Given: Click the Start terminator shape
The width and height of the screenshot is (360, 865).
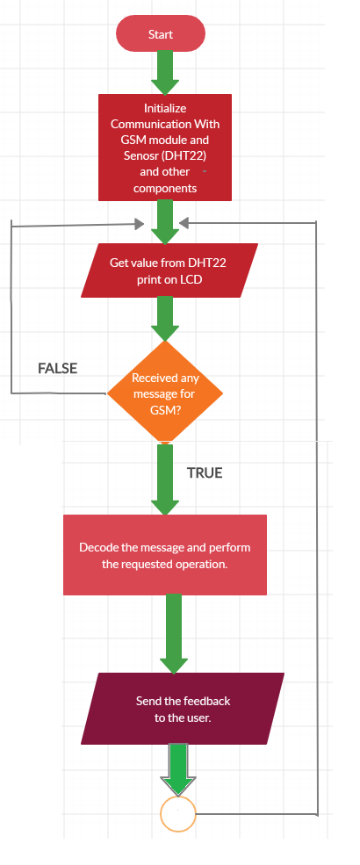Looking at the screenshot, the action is [x=161, y=33].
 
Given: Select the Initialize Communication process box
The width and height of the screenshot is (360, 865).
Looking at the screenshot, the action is [x=165, y=148].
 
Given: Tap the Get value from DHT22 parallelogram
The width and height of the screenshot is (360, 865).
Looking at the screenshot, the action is [x=169, y=270].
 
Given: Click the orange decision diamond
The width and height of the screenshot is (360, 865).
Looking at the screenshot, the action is [x=165, y=393].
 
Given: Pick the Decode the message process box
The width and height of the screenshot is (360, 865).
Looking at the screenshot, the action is [x=165, y=555].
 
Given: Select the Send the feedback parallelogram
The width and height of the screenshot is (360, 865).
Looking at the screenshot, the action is [x=183, y=709].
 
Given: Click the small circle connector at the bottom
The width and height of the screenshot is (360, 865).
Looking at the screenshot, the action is [x=178, y=814].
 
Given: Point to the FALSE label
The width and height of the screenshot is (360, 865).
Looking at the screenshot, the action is [x=57, y=369].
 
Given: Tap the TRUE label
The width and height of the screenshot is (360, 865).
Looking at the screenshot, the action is [x=205, y=472].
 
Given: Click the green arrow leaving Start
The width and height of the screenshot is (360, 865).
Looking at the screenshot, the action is [x=165, y=73].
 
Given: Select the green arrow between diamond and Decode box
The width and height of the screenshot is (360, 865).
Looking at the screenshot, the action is [x=165, y=479].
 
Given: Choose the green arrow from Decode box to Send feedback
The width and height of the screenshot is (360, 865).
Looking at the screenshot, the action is [x=174, y=634].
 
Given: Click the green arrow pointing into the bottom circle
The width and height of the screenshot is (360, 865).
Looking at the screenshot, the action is [x=177, y=769].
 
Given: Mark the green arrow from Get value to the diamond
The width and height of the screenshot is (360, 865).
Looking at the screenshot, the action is [x=165, y=319].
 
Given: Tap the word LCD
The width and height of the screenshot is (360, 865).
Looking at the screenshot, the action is [x=191, y=279].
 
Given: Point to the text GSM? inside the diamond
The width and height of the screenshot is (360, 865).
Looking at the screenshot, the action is [x=165, y=410].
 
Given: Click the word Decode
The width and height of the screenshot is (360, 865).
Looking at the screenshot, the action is [x=98, y=548].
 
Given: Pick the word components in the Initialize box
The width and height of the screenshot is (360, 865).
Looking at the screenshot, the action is [x=165, y=189].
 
